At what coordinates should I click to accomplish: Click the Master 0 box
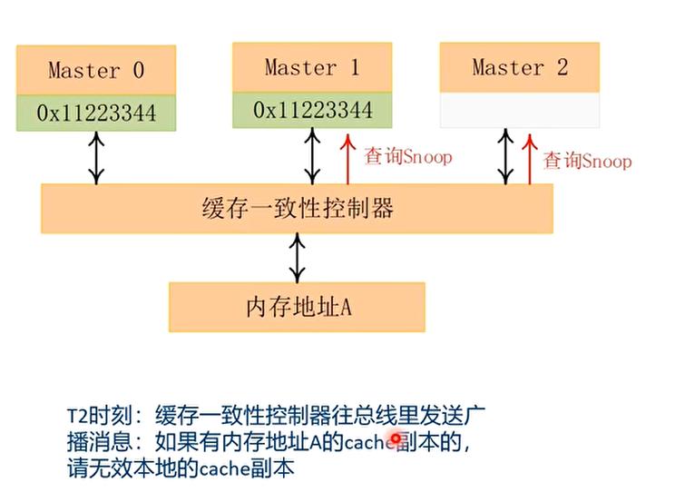(x=95, y=71)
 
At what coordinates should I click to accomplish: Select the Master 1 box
(x=312, y=67)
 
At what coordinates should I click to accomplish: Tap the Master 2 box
(x=519, y=67)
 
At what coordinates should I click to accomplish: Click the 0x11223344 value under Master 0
(x=95, y=113)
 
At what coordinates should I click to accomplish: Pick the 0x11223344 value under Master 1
(x=312, y=111)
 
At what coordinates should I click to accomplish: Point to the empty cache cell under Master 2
(x=519, y=111)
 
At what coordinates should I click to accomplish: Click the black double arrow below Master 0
(x=95, y=158)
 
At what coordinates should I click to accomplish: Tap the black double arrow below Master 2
(x=504, y=155)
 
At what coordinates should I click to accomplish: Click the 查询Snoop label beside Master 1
(x=407, y=157)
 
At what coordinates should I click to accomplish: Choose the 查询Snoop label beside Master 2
(x=587, y=162)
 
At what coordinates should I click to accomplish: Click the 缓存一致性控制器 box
(x=297, y=209)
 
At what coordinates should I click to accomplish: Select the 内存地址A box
(x=297, y=307)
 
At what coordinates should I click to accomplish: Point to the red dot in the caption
(x=396, y=440)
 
